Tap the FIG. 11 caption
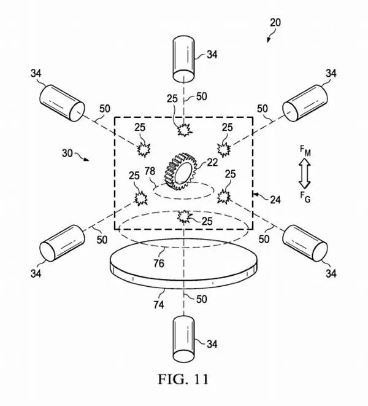point(183,379)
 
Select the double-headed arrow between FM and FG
point(305,173)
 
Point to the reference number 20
point(275,23)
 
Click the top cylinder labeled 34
point(183,60)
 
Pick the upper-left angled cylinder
point(62,103)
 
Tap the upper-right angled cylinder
point(305,103)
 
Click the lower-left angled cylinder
point(62,243)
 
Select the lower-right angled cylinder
point(305,243)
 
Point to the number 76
point(159,264)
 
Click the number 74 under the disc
point(158,305)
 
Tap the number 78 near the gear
point(150,171)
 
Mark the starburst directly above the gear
point(185,130)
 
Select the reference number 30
point(67,154)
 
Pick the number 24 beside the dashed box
point(275,200)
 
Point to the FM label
point(305,150)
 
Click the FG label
point(305,197)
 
